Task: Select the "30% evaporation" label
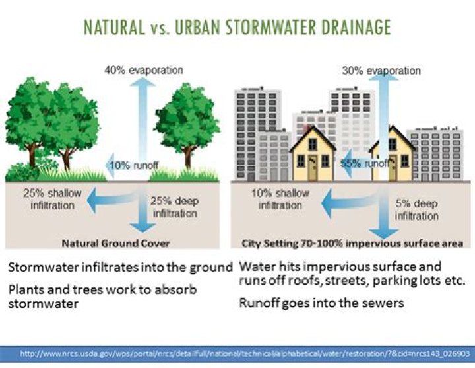click(382, 70)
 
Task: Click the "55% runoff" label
click(364, 163)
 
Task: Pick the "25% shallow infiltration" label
click(44, 200)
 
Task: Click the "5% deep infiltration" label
click(417, 209)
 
